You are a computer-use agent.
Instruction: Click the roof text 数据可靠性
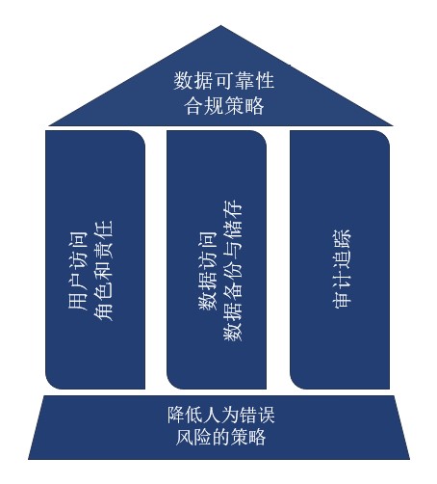(224, 81)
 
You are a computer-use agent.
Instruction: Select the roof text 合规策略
(224, 106)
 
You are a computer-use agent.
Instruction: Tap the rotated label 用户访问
(78, 270)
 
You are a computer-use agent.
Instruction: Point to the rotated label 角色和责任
(103, 270)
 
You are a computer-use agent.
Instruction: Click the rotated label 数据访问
(208, 270)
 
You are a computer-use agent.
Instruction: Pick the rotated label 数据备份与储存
(233, 270)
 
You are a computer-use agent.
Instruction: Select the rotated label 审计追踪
(342, 269)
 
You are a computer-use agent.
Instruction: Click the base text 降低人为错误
(221, 415)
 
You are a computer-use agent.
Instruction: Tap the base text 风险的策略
(221, 437)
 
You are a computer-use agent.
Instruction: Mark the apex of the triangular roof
(220, 26)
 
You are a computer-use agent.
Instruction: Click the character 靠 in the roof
(244, 81)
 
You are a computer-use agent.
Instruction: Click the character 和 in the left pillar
(103, 270)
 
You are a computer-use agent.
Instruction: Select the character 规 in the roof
(214, 106)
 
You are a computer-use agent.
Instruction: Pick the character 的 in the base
(221, 437)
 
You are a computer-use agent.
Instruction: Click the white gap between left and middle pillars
(156, 259)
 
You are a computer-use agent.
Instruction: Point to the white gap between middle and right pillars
(278, 259)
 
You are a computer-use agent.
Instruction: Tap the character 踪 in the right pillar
(342, 239)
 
